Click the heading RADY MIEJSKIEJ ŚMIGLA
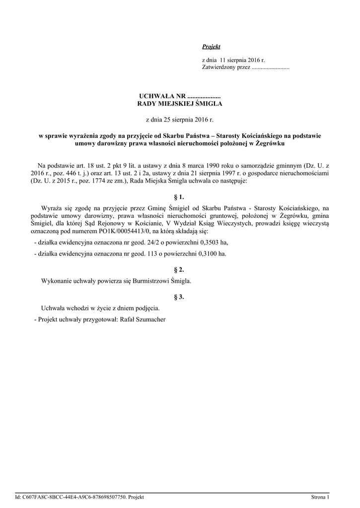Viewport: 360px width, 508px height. pyautogui.click(x=180, y=104)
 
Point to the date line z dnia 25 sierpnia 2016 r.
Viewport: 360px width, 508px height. pyautogui.click(x=180, y=120)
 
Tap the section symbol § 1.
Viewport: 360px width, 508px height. pyautogui.click(x=180, y=197)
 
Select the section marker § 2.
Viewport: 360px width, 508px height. pyautogui.click(x=180, y=270)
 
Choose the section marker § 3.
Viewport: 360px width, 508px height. pyautogui.click(x=180, y=297)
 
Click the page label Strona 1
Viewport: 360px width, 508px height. pyautogui.click(x=320, y=497)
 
